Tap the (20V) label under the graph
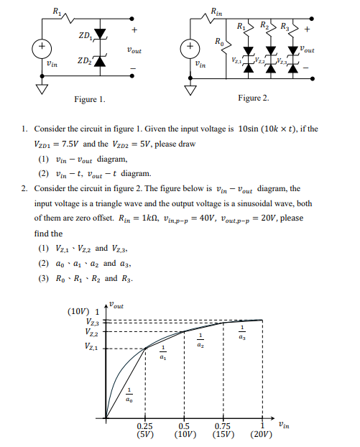coord(262,435)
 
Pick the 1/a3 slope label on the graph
coord(241,334)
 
